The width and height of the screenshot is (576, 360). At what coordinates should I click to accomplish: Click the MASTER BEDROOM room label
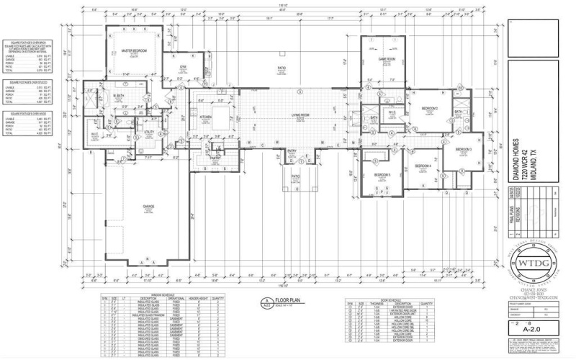pos(134,50)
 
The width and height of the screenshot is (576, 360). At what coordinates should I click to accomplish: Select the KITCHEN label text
pos(205,116)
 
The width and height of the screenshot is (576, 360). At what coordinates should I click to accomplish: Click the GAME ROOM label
pos(387,59)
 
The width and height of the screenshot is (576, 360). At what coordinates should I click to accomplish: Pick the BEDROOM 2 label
pos(430,108)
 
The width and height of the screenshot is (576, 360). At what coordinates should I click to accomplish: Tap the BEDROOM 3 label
pos(462,149)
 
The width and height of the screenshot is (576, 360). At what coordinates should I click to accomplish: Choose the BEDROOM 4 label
pos(423,166)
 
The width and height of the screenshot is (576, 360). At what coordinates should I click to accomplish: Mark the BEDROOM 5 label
pos(382,175)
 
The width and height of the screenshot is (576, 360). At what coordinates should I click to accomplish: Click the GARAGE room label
pos(148,207)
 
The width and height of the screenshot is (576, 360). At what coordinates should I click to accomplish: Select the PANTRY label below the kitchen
pos(214,156)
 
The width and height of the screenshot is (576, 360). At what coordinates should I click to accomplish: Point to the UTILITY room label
pos(149,132)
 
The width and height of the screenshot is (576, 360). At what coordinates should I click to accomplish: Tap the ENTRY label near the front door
pos(292,150)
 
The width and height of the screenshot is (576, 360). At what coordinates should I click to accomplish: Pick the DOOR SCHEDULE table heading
pos(389,295)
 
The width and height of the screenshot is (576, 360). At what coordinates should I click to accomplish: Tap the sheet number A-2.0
pos(532,333)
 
